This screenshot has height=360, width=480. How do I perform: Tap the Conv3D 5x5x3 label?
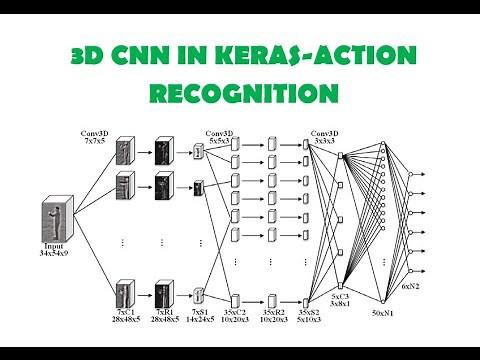[x=223, y=139]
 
